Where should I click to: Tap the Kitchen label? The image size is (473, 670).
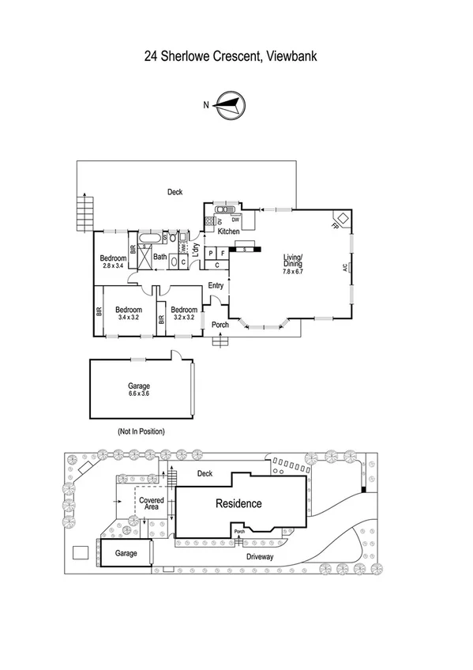pyautogui.click(x=228, y=231)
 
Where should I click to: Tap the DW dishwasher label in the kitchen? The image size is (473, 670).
pyautogui.click(x=235, y=219)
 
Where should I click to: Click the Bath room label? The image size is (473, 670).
pyautogui.click(x=160, y=257)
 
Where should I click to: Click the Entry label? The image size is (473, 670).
pyautogui.click(x=216, y=286)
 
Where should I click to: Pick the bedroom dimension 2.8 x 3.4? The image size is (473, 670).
pyautogui.click(x=113, y=265)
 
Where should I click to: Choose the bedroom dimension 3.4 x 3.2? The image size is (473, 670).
pyautogui.click(x=128, y=317)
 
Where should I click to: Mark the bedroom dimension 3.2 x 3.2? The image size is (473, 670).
pyautogui.click(x=183, y=317)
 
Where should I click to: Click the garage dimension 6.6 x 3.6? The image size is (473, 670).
pyautogui.click(x=139, y=393)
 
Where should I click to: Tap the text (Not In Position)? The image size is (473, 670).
pyautogui.click(x=140, y=431)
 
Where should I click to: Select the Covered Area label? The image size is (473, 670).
pyautogui.click(x=151, y=504)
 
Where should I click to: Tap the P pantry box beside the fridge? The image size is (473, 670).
pyautogui.click(x=211, y=253)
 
